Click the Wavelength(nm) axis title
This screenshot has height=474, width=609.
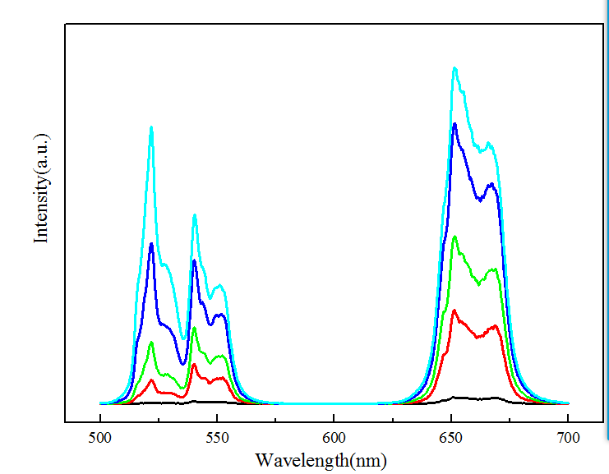[x=320, y=459]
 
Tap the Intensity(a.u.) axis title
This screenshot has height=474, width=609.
[x=40, y=187]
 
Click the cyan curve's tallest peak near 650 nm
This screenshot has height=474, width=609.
[x=454, y=68]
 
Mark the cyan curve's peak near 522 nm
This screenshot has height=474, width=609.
[x=151, y=127]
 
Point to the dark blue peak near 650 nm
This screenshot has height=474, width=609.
[x=454, y=124]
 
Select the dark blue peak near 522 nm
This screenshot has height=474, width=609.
[x=151, y=244]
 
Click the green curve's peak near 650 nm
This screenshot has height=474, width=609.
[x=454, y=237]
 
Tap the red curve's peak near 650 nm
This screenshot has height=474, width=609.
[x=454, y=311]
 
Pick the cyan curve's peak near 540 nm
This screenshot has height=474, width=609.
[x=195, y=215]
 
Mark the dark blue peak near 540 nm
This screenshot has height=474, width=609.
[x=195, y=261]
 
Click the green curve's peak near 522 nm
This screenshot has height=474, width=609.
[x=151, y=343]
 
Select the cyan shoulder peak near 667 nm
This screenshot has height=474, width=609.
[x=489, y=144]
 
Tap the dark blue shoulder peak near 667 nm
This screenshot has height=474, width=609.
[x=491, y=184]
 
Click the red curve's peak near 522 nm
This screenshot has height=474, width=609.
[x=151, y=380]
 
